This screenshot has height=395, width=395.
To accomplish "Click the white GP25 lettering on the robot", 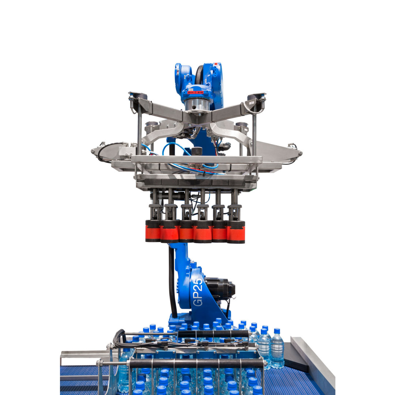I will click(x=198, y=292).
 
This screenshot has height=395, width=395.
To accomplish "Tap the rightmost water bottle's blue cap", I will click(x=276, y=331).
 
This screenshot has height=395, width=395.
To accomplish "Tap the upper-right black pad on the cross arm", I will click(x=256, y=97).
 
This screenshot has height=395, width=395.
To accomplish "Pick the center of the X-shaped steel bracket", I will click(x=197, y=118).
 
